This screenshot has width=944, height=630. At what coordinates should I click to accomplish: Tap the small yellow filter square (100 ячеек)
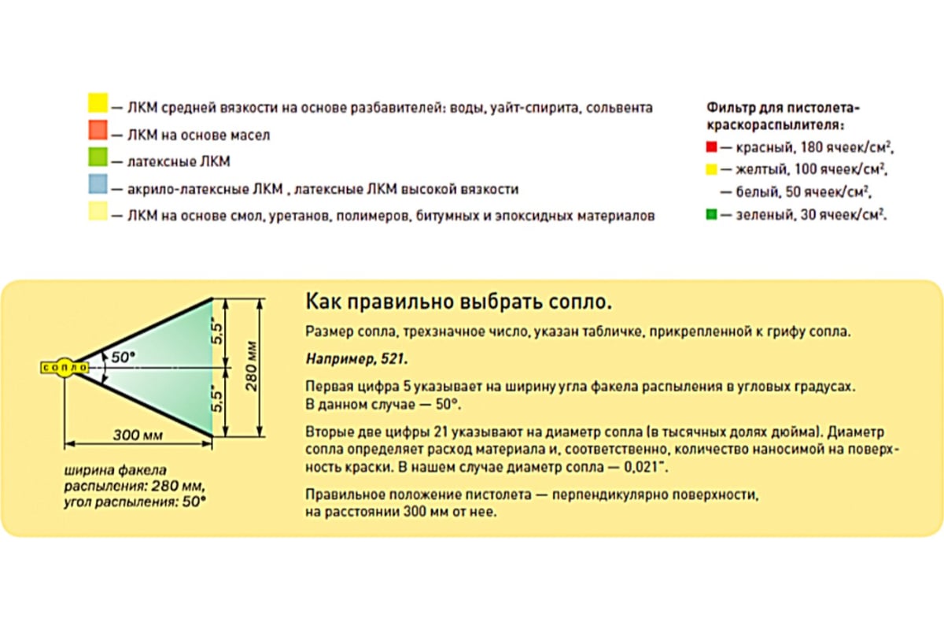coord(711,169)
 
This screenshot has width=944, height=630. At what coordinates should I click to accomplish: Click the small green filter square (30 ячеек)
coord(711,213)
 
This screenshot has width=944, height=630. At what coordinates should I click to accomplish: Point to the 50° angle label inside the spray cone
coord(123,357)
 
